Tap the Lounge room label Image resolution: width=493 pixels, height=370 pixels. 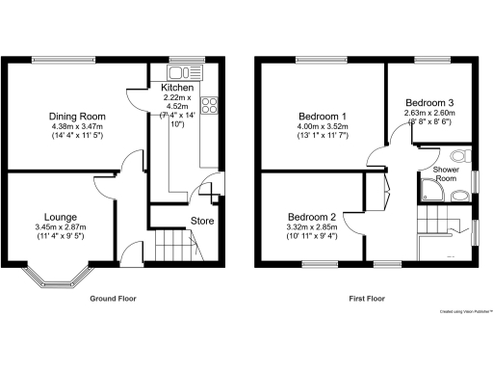pyautogui.click(x=60, y=217)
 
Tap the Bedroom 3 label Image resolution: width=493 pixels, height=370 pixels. pyautogui.click(x=429, y=102)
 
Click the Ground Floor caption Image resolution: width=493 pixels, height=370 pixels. pyautogui.click(x=114, y=299)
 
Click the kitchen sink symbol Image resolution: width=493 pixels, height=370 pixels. pyautogui.click(x=178, y=71)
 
